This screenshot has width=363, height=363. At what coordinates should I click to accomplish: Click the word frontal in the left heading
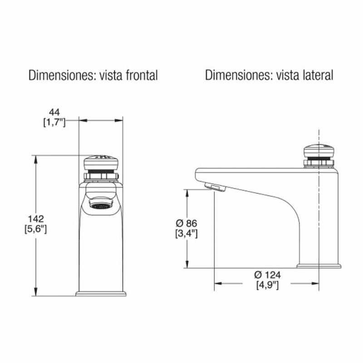[x=142, y=75]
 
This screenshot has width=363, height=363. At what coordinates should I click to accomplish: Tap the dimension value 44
[x=54, y=113]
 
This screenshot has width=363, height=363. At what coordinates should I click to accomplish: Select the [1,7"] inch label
[x=54, y=123]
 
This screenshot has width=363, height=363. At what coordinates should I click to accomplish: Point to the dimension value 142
[x=36, y=219]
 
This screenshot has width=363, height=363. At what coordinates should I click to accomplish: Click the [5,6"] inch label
[x=36, y=229]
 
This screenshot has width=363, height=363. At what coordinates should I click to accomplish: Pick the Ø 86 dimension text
[x=186, y=223]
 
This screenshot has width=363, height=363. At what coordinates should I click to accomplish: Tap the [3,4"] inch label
[x=186, y=234]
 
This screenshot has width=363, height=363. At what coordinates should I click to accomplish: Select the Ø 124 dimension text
[x=267, y=275]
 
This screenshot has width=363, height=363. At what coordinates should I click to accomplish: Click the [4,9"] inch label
[x=267, y=285]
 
